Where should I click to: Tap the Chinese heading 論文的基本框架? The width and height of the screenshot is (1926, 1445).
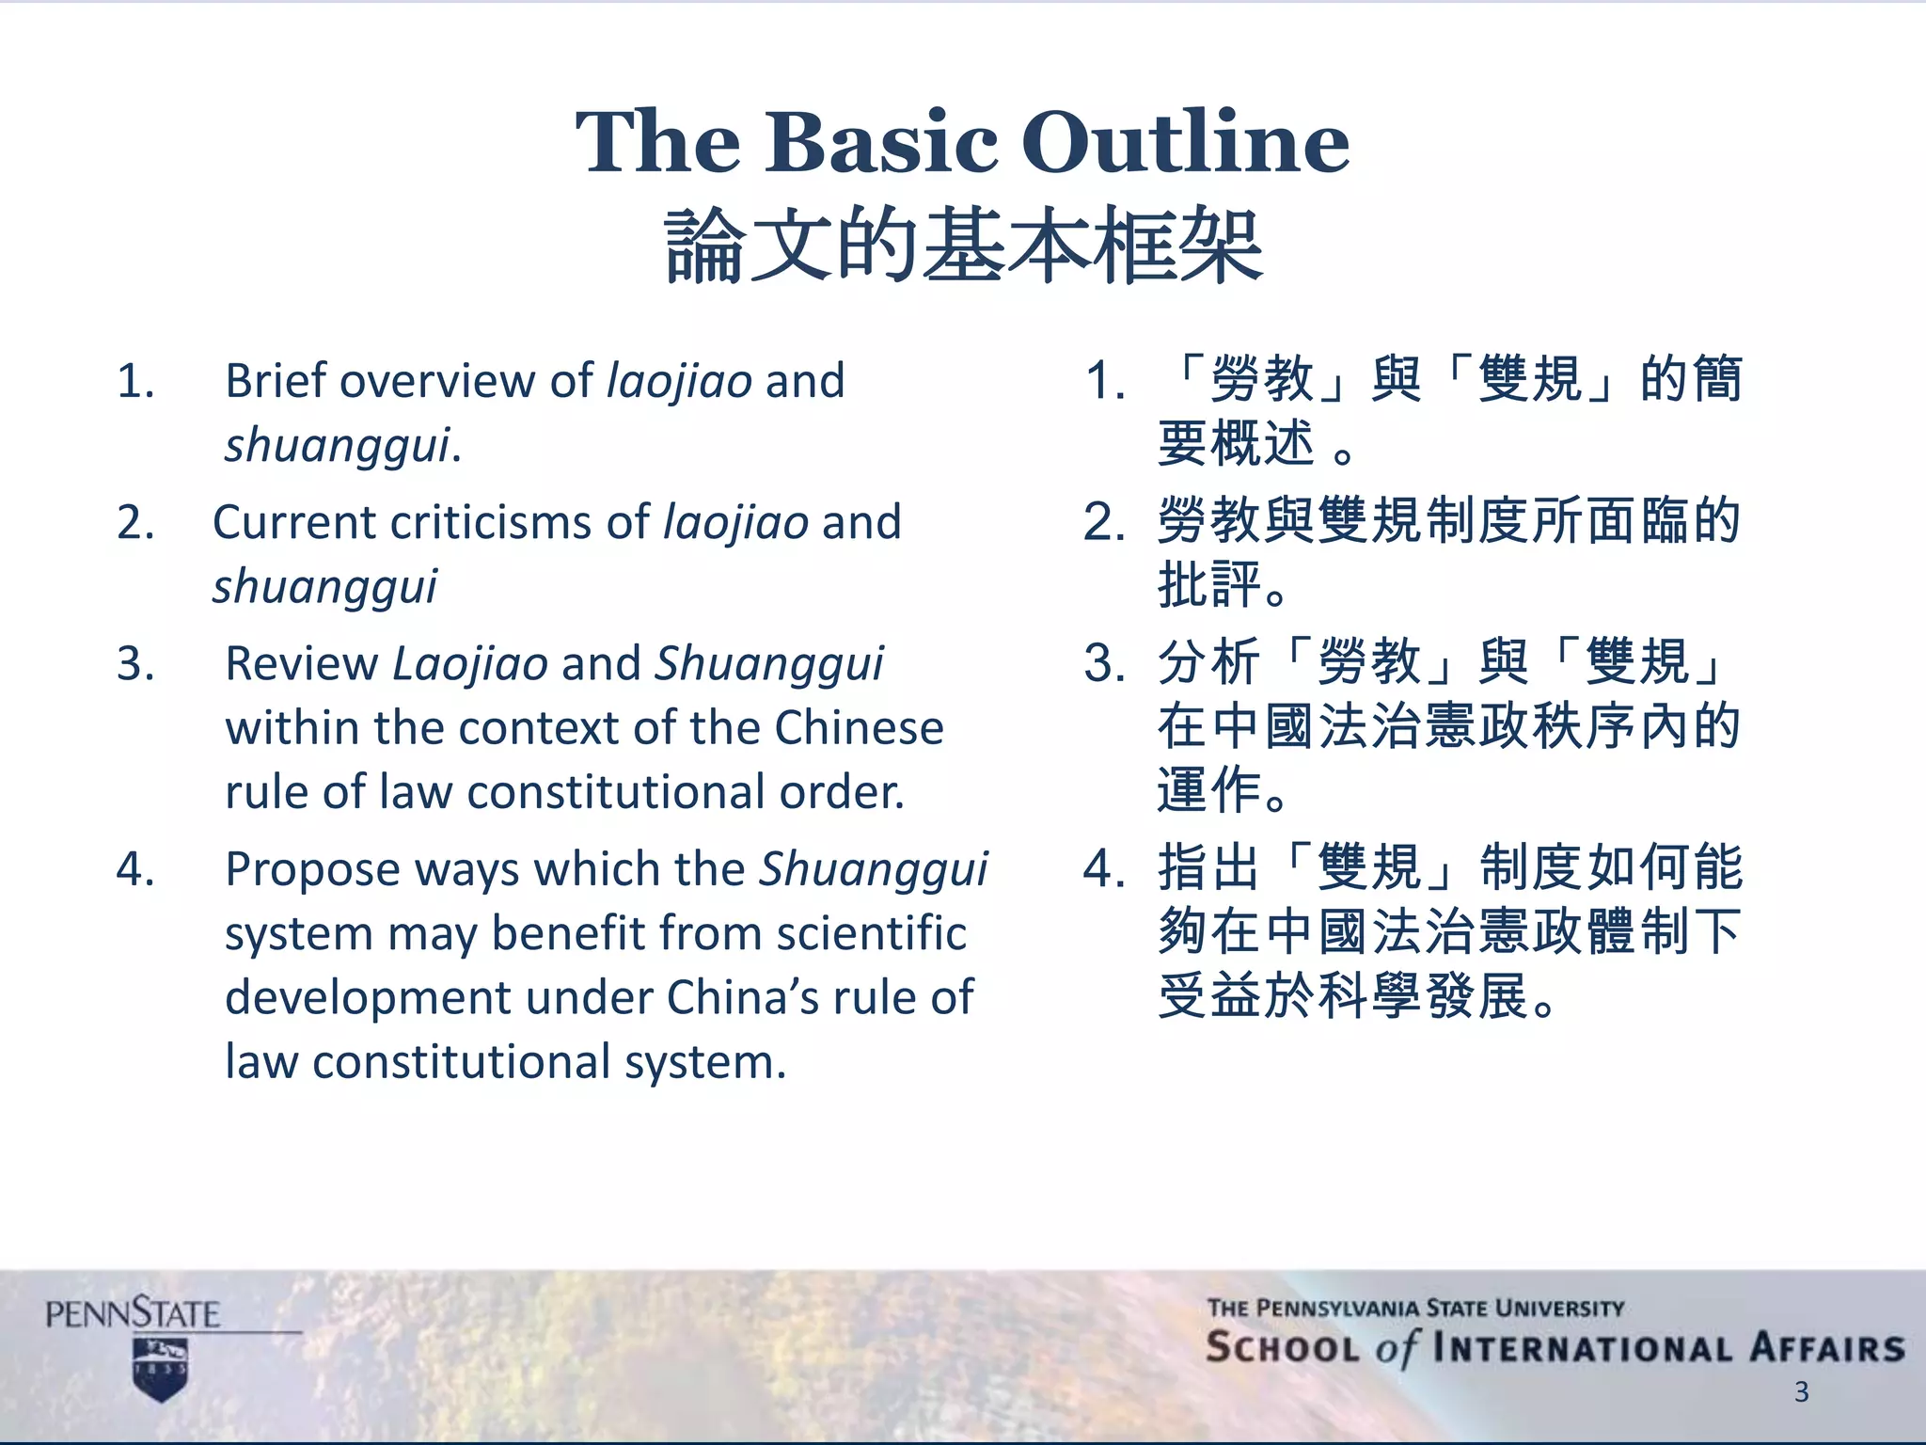(x=963, y=246)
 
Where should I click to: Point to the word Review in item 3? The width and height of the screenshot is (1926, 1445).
(x=302, y=663)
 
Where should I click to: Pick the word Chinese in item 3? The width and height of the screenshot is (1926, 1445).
(x=859, y=727)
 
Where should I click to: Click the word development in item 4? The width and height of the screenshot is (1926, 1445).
(x=369, y=997)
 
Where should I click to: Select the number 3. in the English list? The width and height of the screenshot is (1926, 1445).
(x=135, y=663)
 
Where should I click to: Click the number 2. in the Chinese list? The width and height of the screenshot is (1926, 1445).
(x=1104, y=522)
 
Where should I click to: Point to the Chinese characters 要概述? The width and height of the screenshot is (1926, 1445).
(x=1236, y=444)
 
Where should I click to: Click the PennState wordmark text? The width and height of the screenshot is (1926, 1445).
(x=133, y=1313)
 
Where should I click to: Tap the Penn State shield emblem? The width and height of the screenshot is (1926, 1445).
(x=161, y=1369)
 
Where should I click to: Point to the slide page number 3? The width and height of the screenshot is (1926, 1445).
(x=1801, y=1391)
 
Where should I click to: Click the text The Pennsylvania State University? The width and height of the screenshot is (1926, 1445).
(x=1415, y=1308)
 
